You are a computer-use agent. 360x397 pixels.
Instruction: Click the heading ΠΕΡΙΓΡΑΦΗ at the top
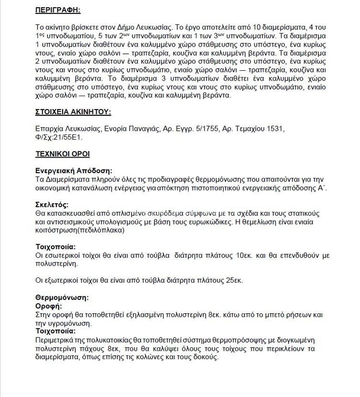coord(58,10)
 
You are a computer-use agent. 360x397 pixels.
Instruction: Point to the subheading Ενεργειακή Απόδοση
coord(74,171)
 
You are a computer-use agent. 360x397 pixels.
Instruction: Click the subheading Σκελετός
coord(51,204)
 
